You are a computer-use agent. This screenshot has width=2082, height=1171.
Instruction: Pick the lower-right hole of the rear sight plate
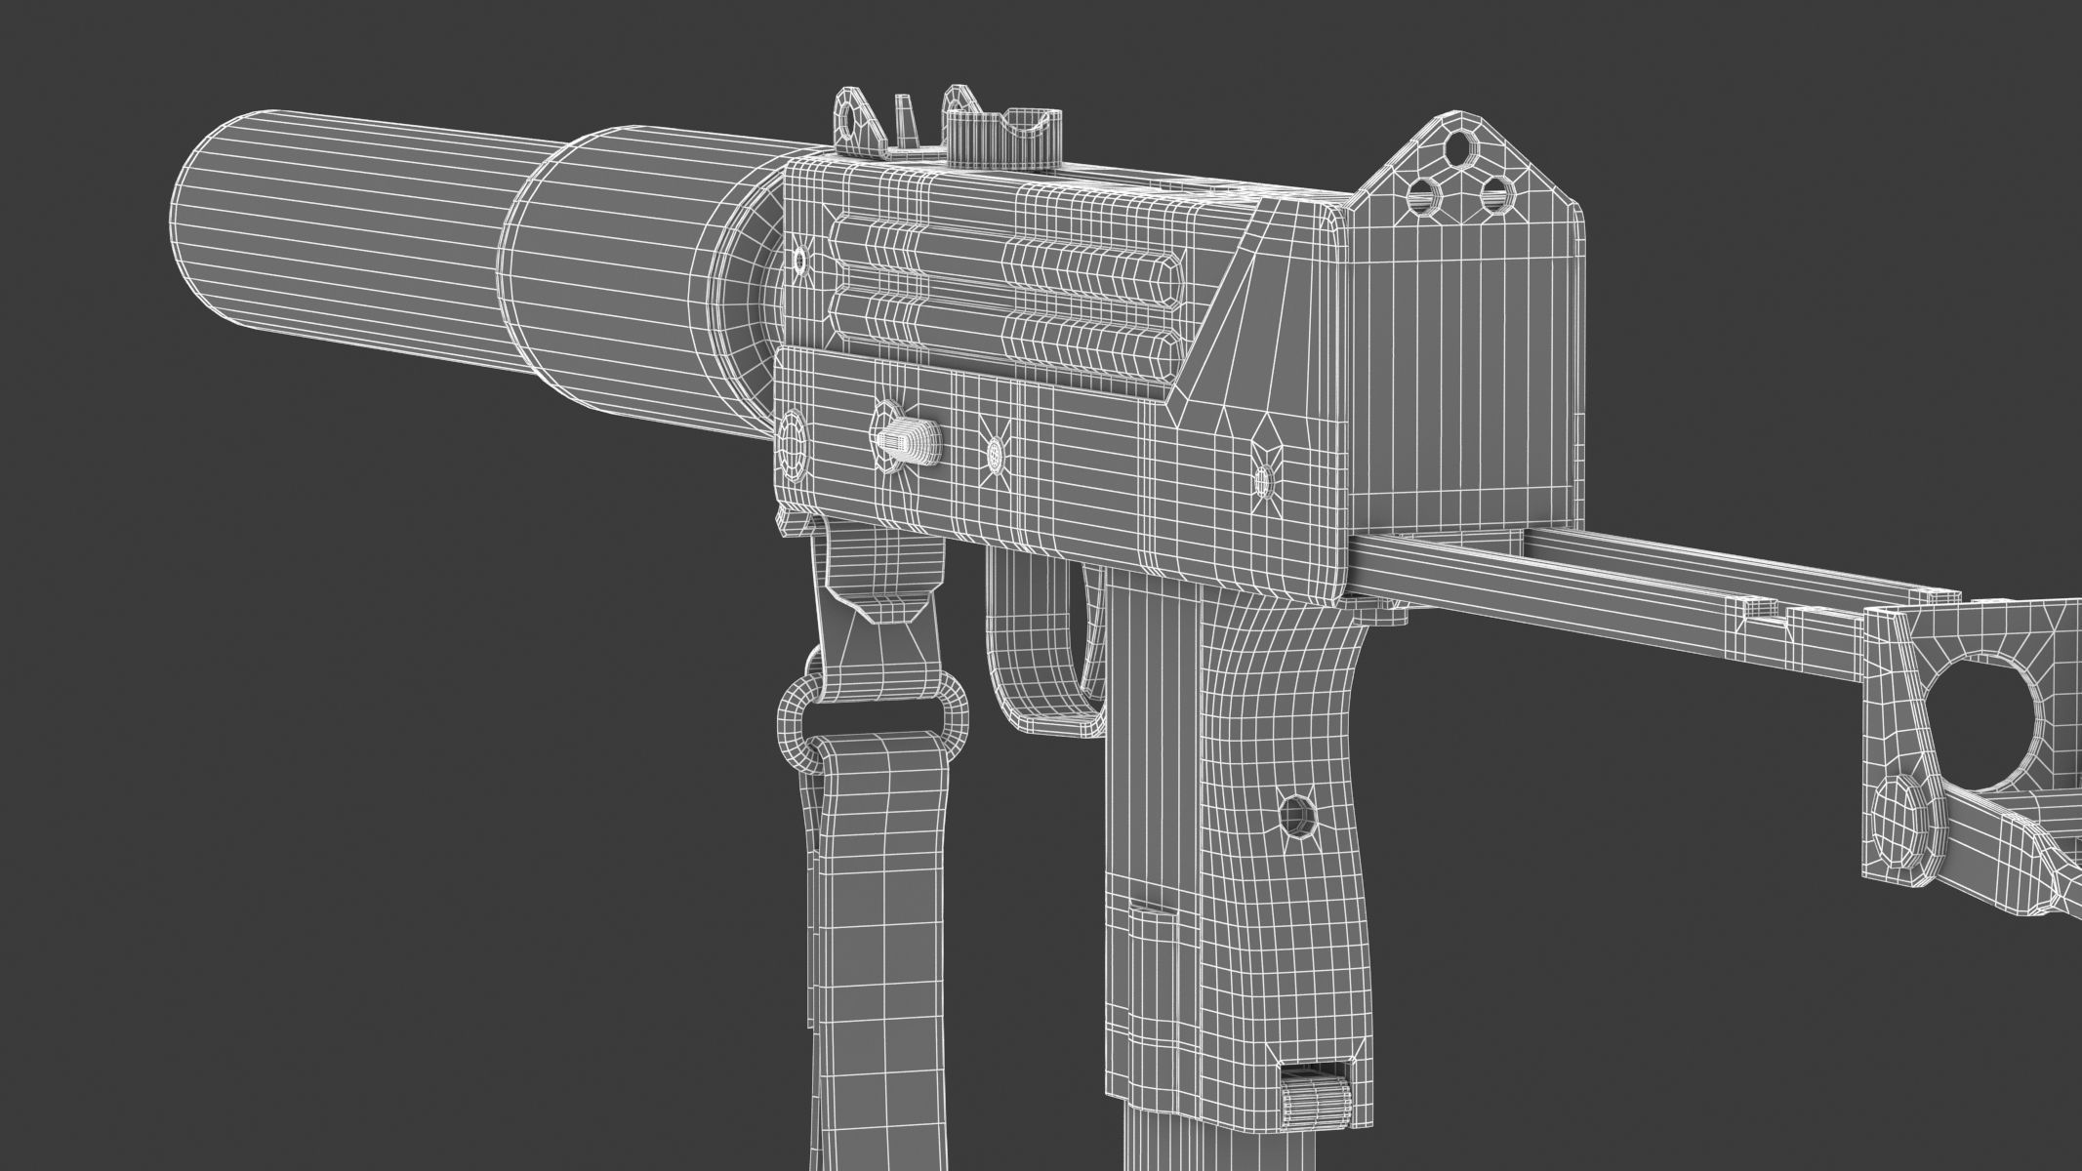(x=1494, y=195)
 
